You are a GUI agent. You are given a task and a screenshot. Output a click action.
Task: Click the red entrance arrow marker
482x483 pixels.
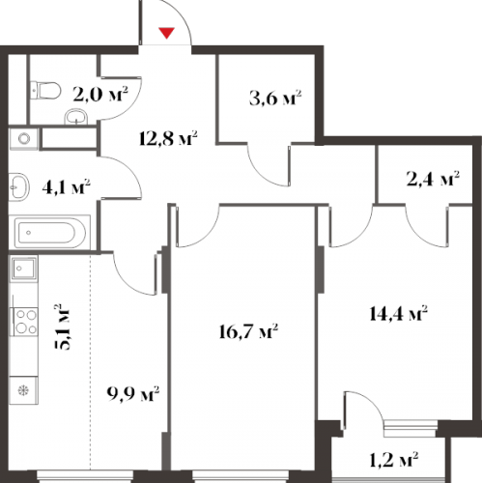coord(166,33)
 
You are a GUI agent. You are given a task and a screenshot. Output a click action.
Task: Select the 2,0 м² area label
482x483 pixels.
coord(100,94)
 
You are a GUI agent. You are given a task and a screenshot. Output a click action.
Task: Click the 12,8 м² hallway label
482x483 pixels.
coord(168,138)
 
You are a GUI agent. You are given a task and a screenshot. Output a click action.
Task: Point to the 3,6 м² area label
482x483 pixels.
coord(275,98)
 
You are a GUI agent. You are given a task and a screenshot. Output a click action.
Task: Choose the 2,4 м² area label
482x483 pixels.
coord(433,179)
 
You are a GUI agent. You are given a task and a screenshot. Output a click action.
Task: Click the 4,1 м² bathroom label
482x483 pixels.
coord(66,186)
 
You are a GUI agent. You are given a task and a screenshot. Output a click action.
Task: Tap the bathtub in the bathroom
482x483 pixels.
coord(50,233)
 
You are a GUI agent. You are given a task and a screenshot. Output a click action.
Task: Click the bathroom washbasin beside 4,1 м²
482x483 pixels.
coord(19,187)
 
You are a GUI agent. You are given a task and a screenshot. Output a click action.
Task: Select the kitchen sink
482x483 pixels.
coord(24,268)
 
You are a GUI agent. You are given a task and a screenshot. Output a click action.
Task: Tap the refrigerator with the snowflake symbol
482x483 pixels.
coord(23,390)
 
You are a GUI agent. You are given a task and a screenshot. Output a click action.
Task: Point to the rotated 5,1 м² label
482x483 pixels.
coord(62,327)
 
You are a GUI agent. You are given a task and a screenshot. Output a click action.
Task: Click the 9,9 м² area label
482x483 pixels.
coord(133,394)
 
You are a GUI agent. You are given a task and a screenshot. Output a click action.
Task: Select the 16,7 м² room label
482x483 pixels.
coord(248,331)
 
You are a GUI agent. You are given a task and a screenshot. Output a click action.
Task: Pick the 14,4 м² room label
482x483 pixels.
coord(398,313)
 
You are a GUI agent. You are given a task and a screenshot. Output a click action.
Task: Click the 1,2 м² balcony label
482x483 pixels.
coord(393,460)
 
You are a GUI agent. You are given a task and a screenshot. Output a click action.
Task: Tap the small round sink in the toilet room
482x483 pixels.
coord(76,117)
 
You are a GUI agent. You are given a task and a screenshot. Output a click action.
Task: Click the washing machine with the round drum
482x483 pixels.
coord(24,139)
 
